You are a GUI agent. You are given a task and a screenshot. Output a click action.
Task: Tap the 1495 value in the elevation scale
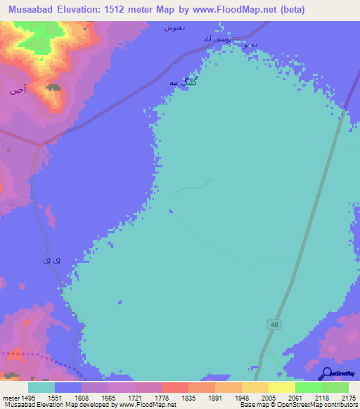click(25, 397)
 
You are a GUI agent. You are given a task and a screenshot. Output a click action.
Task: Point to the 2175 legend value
click(347, 397)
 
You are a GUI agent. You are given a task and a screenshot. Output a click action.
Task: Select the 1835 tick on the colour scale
click(187, 397)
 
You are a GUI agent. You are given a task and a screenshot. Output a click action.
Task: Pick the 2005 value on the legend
click(268, 397)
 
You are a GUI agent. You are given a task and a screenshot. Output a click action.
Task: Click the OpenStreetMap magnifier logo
click(326, 374)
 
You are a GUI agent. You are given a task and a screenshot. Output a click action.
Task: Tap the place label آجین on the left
click(18, 91)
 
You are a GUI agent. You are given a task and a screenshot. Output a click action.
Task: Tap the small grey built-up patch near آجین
click(53, 88)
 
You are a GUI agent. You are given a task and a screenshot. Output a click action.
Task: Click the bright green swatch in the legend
click(308, 387)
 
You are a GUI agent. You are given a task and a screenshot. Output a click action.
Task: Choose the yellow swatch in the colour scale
click(281, 387)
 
